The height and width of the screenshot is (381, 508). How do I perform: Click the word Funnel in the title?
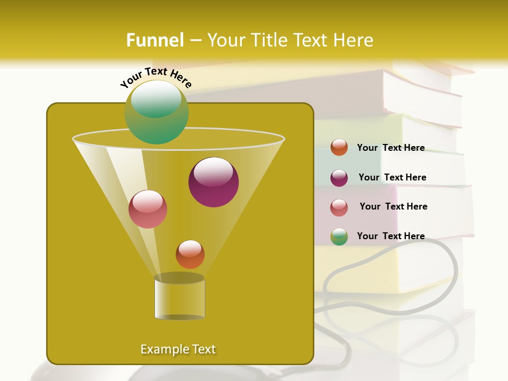(x=155, y=40)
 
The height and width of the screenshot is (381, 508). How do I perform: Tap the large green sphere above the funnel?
(x=157, y=112)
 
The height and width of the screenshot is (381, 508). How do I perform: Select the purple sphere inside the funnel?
(x=214, y=183)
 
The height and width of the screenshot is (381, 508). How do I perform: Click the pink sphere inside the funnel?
(x=148, y=209)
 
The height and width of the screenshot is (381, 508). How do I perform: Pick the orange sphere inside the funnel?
(x=190, y=255)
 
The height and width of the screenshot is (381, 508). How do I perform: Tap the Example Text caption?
(x=178, y=349)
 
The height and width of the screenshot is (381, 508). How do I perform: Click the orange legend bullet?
(x=339, y=148)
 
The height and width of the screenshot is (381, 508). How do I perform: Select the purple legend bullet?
(x=339, y=178)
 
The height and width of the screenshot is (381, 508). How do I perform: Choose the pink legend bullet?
(x=339, y=207)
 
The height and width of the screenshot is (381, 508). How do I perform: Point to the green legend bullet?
(x=339, y=237)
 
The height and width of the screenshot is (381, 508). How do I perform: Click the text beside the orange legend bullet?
(x=391, y=148)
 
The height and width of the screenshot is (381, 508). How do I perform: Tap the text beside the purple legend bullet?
(x=392, y=178)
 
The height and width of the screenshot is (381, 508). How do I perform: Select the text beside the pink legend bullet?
(x=393, y=207)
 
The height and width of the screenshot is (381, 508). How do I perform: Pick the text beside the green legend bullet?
(x=391, y=237)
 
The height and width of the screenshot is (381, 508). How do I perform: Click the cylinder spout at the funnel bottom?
(x=179, y=297)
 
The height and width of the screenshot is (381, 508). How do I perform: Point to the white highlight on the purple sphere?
(x=213, y=172)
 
